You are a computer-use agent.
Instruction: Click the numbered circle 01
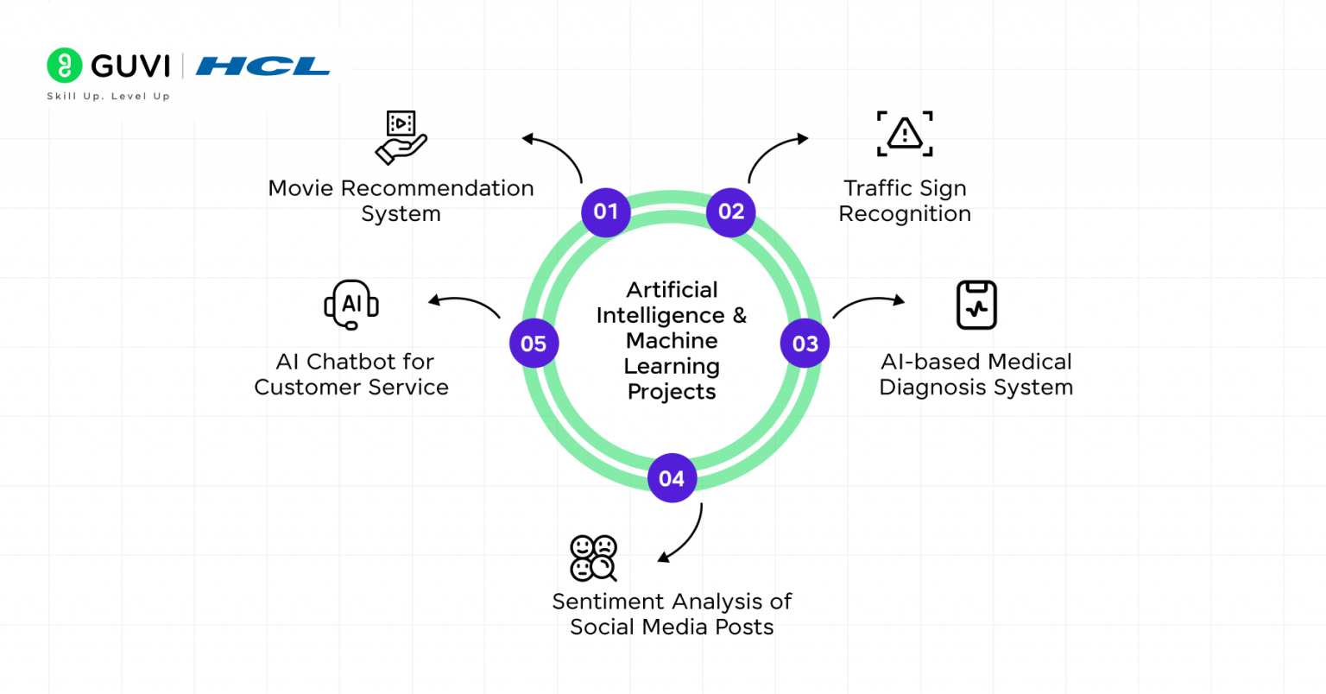[x=606, y=211]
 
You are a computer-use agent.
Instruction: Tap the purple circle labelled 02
[x=731, y=211]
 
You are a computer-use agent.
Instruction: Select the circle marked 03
[x=805, y=344]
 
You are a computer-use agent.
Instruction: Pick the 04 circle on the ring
[x=672, y=478]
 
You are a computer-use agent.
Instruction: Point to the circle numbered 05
[x=534, y=344]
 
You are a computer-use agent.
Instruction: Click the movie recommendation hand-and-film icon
[x=401, y=137]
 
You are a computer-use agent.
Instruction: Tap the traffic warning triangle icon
[x=905, y=134]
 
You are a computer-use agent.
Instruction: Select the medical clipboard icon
[x=976, y=305]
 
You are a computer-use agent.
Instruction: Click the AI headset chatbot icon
[x=351, y=305]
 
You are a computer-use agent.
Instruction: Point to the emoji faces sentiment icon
[x=593, y=558]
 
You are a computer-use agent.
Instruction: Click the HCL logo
[x=262, y=66]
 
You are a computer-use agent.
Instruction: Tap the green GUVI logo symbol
[x=64, y=66]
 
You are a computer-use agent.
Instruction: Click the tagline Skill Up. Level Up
[x=108, y=97]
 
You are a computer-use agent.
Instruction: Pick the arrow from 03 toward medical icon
[x=868, y=303]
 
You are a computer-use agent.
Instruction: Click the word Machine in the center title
[x=672, y=341]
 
